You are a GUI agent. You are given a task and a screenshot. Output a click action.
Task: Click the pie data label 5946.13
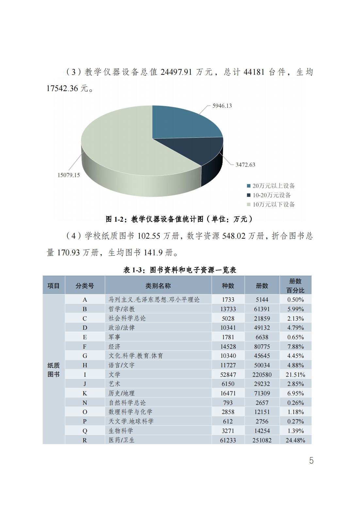[x=222, y=106]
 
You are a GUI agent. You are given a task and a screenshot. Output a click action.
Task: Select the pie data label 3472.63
[x=245, y=165]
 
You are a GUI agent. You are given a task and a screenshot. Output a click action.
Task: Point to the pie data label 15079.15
[x=69, y=175]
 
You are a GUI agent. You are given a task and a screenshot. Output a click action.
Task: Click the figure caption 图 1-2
[x=179, y=219]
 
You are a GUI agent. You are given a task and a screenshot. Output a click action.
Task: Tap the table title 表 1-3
[x=180, y=270]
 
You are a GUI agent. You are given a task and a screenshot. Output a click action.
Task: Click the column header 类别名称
[x=158, y=286]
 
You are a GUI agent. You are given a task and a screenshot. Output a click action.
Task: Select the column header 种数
[x=228, y=286]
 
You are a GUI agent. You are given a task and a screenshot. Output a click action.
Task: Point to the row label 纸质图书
[x=54, y=370]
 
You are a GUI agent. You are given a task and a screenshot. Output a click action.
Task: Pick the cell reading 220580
[x=262, y=374]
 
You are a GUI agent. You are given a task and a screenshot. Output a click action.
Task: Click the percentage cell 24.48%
[x=295, y=440]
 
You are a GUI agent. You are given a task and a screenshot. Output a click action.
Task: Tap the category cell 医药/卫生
[x=122, y=440]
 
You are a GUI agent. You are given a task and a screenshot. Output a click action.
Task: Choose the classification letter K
[x=85, y=393]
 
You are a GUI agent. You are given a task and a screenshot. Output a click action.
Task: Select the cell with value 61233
[x=228, y=440]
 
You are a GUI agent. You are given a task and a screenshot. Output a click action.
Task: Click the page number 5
[x=311, y=461]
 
